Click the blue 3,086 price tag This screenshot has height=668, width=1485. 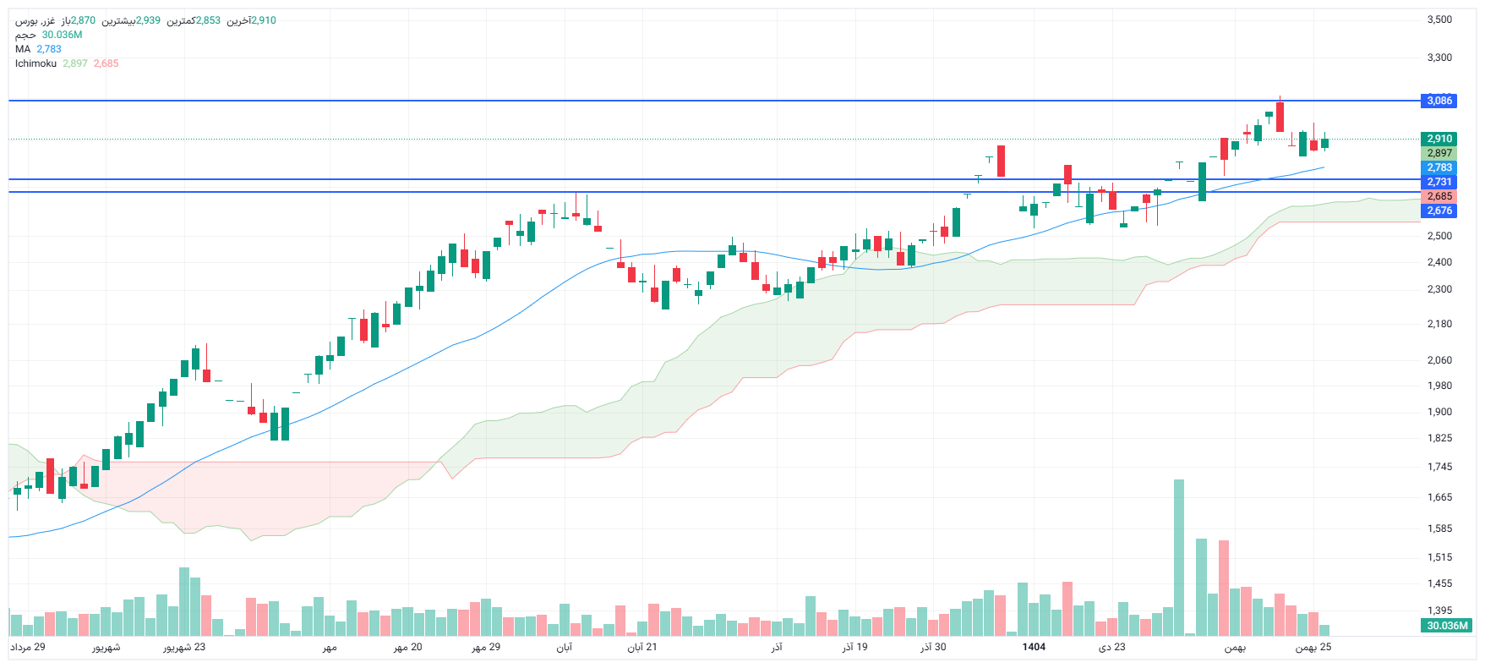point(1439,101)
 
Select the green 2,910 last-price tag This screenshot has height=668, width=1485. point(1439,139)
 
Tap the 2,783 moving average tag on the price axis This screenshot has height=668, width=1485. point(1439,167)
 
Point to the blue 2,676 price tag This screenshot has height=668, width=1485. point(1439,211)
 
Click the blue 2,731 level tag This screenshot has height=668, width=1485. point(1439,182)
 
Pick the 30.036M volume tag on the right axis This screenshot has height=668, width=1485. point(1447,626)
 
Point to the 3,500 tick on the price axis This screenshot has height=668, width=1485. point(1439,19)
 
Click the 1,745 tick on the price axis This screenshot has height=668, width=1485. point(1439,467)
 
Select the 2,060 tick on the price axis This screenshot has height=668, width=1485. point(1439,360)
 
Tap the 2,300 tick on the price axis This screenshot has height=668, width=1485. point(1439,289)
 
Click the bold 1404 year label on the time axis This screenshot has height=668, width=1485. point(1034,647)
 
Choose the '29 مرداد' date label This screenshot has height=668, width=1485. point(28,647)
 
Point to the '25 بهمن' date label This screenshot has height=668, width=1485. point(1313,647)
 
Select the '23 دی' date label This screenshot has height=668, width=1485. point(1112,647)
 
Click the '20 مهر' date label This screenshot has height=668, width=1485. point(407,647)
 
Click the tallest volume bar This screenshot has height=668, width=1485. point(1179,558)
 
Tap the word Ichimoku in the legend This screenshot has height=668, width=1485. point(35,63)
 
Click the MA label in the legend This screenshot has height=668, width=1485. point(23,49)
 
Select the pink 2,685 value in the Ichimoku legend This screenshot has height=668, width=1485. point(106,63)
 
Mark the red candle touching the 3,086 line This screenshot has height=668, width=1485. point(1280,117)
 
